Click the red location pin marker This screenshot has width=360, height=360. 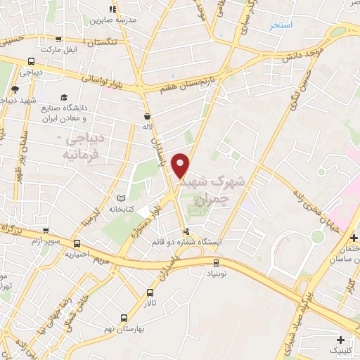click(x=181, y=165)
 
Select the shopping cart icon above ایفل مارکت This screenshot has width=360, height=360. click(x=58, y=39)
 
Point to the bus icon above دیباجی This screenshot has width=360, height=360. click(x=32, y=61)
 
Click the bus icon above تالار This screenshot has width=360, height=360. click(x=150, y=292)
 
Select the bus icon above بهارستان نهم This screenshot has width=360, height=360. click(x=124, y=317)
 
